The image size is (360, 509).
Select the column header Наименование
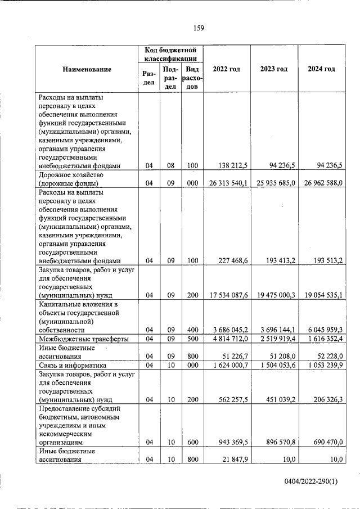click(87, 69)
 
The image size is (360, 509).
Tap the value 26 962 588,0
click(319, 183)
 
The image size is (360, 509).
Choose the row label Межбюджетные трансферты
click(82, 339)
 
